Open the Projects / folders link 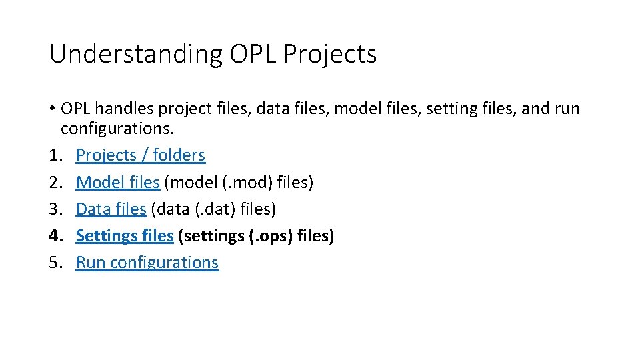click(x=141, y=155)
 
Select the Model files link click(x=118, y=182)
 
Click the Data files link click(x=111, y=209)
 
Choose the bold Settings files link click(x=125, y=235)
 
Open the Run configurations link click(x=147, y=263)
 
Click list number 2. click(x=55, y=182)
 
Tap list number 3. click(x=55, y=209)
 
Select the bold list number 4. click(x=55, y=235)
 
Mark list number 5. click(x=55, y=263)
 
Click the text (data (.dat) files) click(x=213, y=209)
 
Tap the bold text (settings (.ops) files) click(x=256, y=235)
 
